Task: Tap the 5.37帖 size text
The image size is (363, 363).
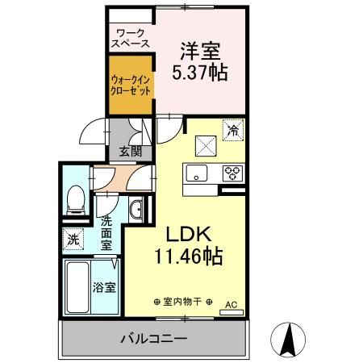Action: [x=199, y=72]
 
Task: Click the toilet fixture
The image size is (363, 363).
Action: [x=76, y=198]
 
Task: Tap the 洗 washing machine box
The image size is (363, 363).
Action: [x=73, y=239]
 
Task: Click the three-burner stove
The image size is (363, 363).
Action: [x=233, y=172]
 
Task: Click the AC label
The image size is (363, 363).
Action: [x=231, y=305]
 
